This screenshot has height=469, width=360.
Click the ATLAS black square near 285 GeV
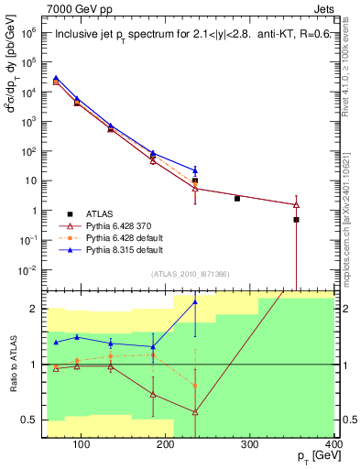click(237, 198)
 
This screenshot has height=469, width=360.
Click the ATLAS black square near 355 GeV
click(296, 220)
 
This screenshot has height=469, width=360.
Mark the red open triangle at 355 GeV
click(296, 204)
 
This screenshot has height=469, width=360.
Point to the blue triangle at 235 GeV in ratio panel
click(195, 301)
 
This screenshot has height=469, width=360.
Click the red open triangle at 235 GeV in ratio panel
click(195, 412)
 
